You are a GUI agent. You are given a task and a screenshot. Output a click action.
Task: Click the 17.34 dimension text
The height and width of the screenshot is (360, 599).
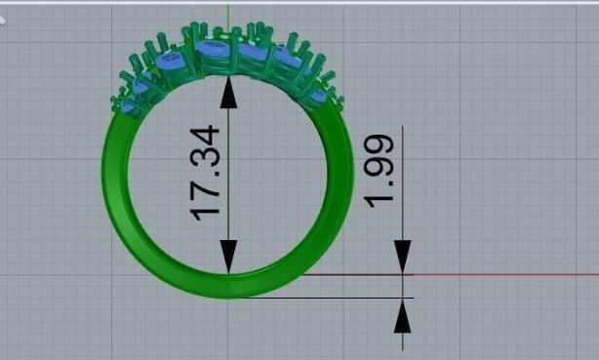tap(207, 172)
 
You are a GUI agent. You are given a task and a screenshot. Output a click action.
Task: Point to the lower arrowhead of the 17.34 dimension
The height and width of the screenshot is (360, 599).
tap(228, 259)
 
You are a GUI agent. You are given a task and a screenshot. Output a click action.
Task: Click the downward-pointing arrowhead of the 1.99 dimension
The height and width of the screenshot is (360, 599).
tap(402, 257)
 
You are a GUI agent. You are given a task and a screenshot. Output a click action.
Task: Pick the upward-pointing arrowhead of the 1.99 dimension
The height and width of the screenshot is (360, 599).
tap(402, 316)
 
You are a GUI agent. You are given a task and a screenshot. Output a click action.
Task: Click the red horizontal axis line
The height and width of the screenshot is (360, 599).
tap(507, 274)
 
